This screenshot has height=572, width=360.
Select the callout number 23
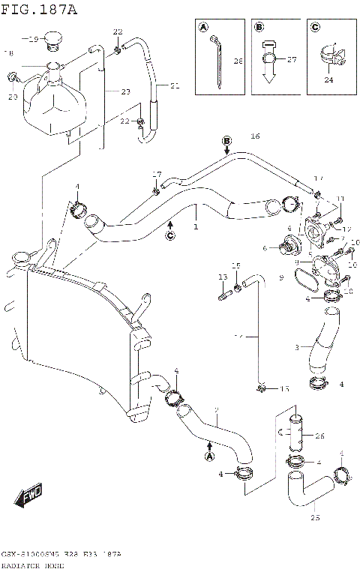tap(124, 91)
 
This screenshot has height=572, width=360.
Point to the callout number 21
tap(175, 86)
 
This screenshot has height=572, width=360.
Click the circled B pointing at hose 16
tap(226, 140)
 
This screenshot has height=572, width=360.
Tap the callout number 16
tap(255, 136)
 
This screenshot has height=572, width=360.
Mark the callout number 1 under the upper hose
tap(196, 225)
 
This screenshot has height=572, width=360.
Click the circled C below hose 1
tap(170, 236)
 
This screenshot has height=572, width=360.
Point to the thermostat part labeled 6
tap(287, 247)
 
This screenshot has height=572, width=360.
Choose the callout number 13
tap(222, 277)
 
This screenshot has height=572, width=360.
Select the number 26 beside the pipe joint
tap(319, 436)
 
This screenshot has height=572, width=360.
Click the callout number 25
tap(315, 517)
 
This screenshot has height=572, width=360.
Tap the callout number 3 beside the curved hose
tap(298, 348)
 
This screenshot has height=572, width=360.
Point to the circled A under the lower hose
tap(210, 455)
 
